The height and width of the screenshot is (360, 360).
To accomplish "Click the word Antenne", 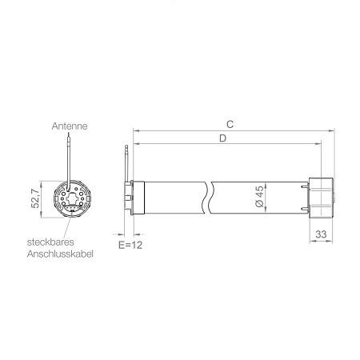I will pos(70,126).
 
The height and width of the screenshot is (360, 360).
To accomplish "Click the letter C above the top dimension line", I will pos(230,125).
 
